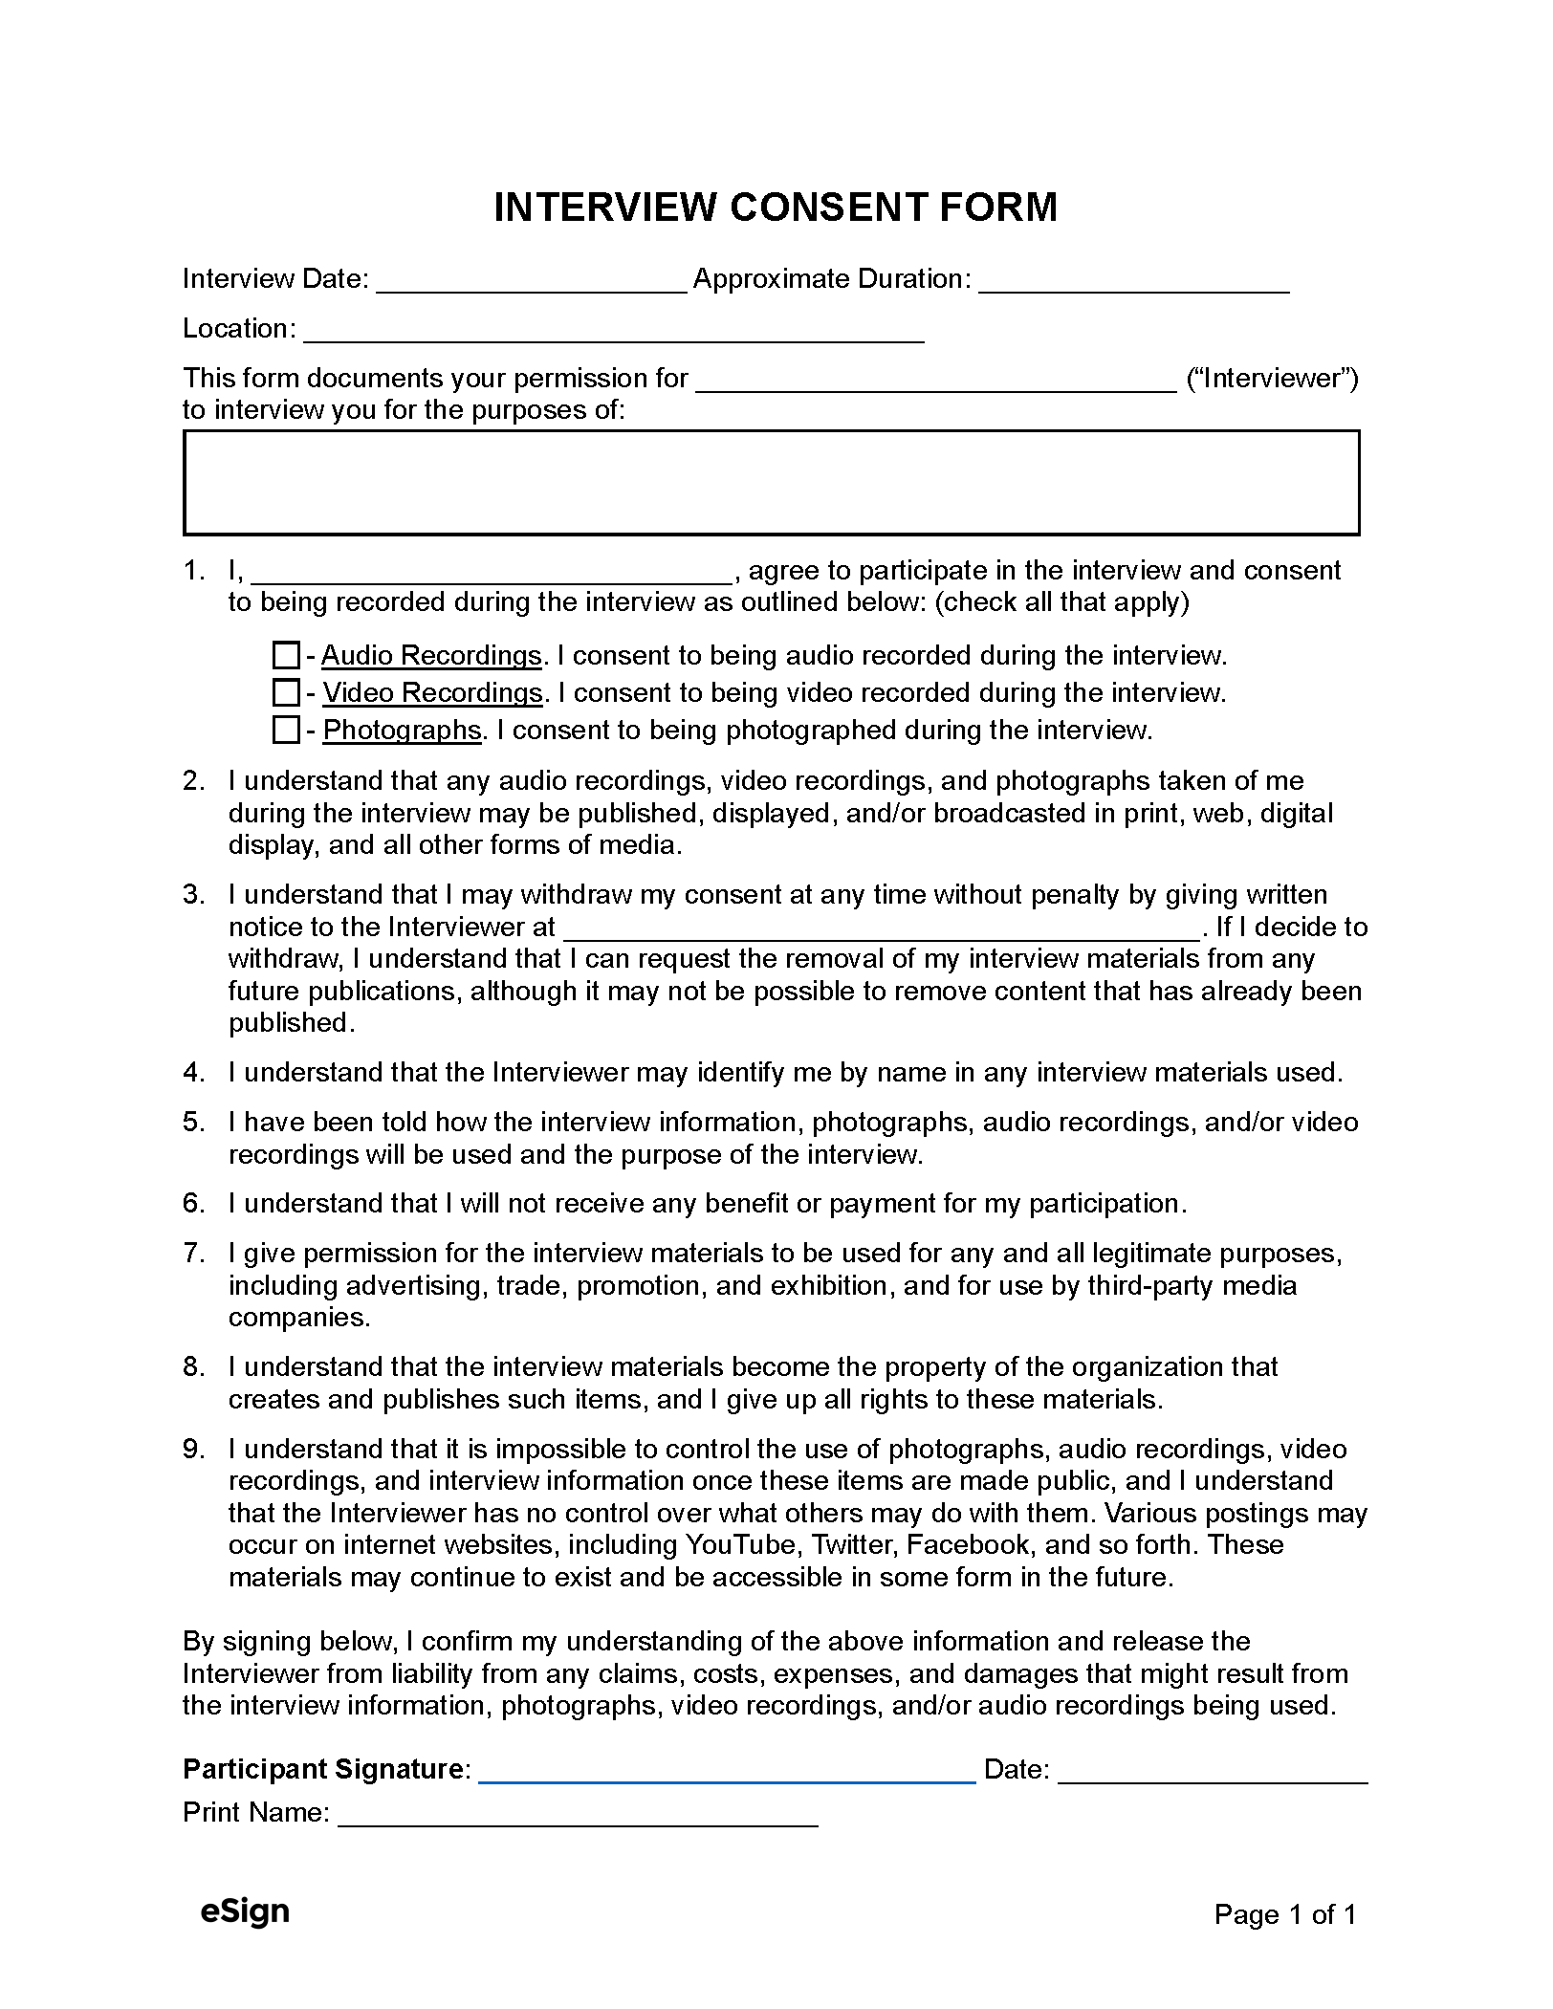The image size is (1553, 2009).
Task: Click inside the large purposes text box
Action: pos(771,483)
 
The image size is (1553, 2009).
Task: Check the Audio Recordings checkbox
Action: pos(286,656)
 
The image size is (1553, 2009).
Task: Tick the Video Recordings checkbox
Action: pos(286,692)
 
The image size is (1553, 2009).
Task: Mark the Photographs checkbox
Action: pos(286,731)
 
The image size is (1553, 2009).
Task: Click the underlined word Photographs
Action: pos(402,731)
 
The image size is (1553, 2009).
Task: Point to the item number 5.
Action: pos(193,1123)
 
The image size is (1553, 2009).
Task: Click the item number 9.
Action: pos(193,1450)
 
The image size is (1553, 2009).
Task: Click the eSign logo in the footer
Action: pos(245,1911)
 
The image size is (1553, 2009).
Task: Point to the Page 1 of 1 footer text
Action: pos(1285,1914)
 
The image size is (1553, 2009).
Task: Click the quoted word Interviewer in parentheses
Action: pos(1272,379)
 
